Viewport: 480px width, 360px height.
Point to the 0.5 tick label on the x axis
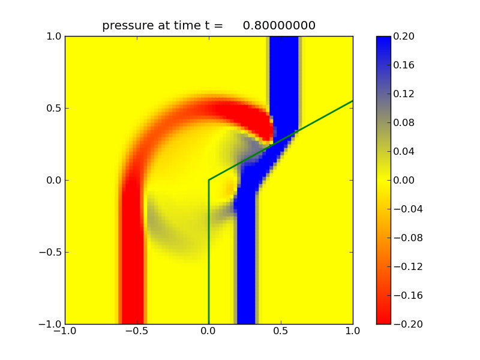click(x=281, y=332)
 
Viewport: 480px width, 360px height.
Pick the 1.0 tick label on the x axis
click(x=353, y=332)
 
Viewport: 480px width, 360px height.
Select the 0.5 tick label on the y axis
click(x=52, y=108)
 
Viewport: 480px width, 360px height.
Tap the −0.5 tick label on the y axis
click(x=49, y=252)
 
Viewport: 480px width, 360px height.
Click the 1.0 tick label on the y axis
click(x=52, y=36)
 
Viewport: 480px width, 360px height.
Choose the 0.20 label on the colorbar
click(x=405, y=36)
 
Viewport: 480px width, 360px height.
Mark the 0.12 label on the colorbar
click(x=405, y=94)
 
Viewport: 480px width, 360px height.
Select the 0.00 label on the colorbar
click(x=405, y=180)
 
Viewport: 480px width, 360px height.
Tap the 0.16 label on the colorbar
click(x=405, y=65)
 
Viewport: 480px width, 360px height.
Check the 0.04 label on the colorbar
click(x=405, y=151)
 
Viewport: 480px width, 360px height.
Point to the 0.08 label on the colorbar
click(x=405, y=122)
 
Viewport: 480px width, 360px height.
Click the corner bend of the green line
click(x=209, y=180)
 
